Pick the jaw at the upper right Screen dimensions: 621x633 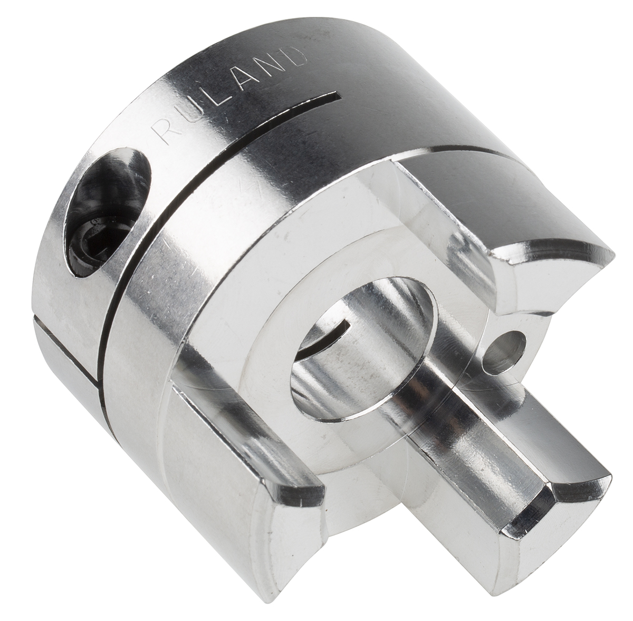click(x=506, y=221)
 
